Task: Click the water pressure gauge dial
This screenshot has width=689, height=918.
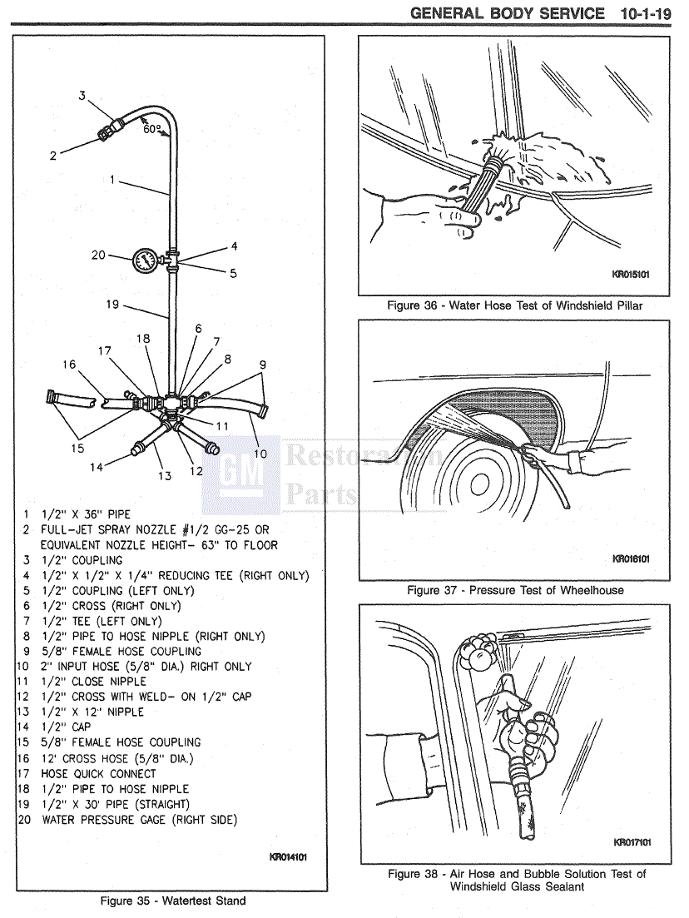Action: pos(145,260)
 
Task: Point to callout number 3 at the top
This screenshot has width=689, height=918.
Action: pos(82,95)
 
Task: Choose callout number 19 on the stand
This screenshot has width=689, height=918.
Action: pos(114,305)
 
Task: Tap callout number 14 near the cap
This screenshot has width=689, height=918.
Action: pos(97,467)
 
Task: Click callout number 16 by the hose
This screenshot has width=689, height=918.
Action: pos(69,364)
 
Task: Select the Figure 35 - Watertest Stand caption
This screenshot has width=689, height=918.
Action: pos(173,901)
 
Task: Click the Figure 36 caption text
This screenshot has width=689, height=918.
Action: pos(514,305)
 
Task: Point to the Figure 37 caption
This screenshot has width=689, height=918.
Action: pos(515,590)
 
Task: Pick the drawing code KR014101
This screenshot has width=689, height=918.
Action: pos(288,856)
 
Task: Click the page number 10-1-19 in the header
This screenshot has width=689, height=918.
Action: pos(645,13)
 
